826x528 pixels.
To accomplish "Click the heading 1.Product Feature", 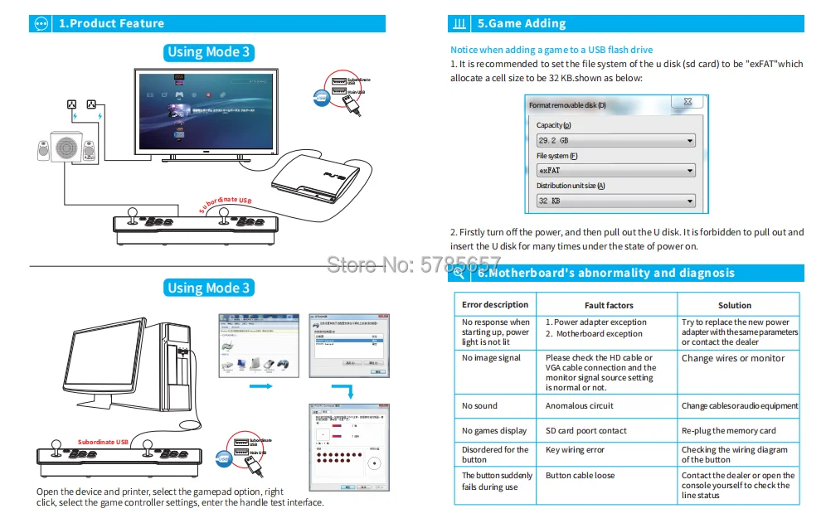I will coord(111,23).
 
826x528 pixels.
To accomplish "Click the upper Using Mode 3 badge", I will coord(208,52).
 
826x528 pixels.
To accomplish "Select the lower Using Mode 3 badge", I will coord(208,288).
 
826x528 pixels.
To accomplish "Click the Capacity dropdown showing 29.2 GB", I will coord(615,141).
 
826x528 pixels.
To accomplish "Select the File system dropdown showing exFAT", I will coord(615,171).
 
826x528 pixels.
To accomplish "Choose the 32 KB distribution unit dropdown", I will coord(615,201).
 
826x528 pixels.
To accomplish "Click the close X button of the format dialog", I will coord(688,103).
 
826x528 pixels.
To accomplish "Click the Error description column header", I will coord(495,304).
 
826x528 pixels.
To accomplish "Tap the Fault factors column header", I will coord(608,305).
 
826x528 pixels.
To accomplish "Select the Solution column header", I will coord(734,305).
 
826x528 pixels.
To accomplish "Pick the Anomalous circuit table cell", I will coord(580,406).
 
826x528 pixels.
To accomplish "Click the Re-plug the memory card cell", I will coord(729,431).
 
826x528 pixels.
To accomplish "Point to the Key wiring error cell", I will coord(576,450).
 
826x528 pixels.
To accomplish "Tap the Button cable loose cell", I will coord(581,476).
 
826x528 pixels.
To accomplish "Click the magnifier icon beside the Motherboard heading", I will coord(459,273).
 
